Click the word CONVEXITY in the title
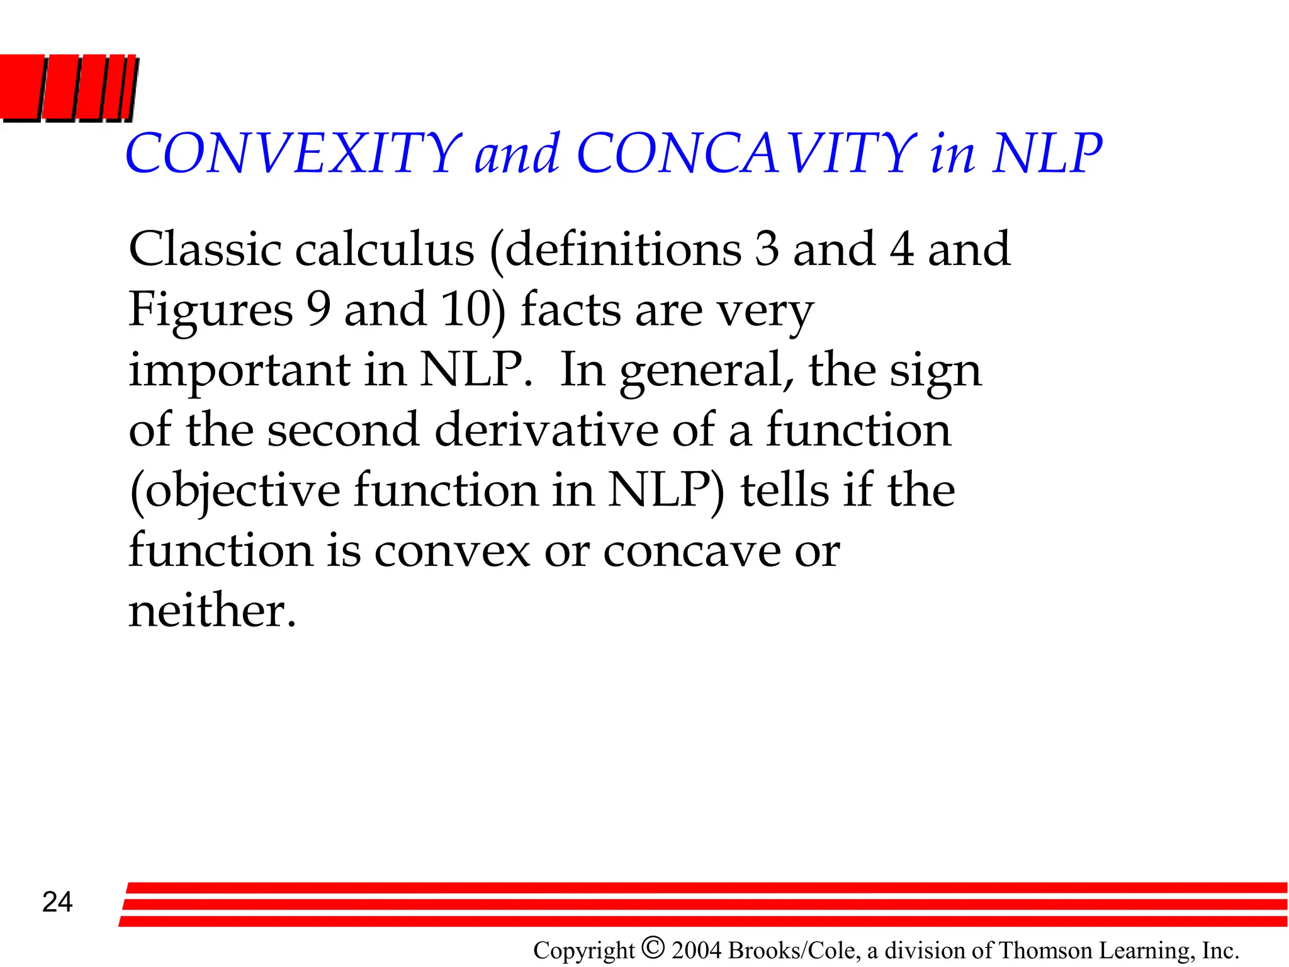pos(293,154)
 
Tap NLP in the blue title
pos(1046,154)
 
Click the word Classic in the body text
pos(205,249)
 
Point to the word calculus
pos(385,249)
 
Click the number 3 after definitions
pos(767,249)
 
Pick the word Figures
pos(210,310)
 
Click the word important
pos(239,371)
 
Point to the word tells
pos(784,490)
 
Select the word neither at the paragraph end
pos(211,611)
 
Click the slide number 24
pos(57,902)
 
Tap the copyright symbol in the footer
pos(653,947)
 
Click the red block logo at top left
pos(68,88)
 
